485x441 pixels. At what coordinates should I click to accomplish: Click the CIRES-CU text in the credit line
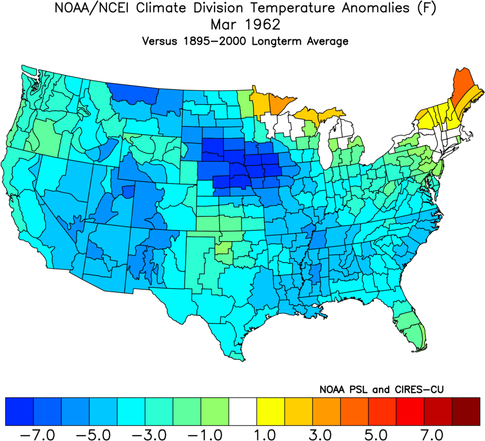click(x=417, y=389)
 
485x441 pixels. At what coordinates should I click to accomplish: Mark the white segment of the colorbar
click(x=243, y=411)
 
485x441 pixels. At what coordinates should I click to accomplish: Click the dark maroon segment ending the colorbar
click(x=465, y=411)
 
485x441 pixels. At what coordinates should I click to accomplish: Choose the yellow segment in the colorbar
click(x=271, y=411)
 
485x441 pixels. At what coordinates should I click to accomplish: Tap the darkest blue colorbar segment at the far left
click(x=19, y=411)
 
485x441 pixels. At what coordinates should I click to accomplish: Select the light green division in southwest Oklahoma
click(x=224, y=247)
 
